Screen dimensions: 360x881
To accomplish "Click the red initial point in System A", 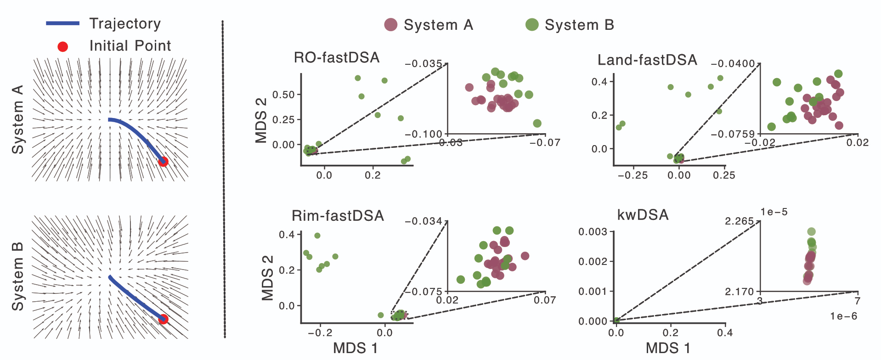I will point(163,161).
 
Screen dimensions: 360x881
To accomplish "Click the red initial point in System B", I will point(163,319).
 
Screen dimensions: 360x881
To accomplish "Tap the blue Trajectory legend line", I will point(63,23).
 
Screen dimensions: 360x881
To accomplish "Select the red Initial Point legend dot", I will point(63,46).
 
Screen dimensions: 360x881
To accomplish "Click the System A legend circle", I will point(391,25).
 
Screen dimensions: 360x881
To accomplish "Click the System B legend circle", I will point(532,25).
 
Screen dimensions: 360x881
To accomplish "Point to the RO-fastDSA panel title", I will point(337,58).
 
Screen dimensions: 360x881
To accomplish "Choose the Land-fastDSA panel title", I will point(647,60).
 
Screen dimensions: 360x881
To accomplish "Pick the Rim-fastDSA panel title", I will point(338,216).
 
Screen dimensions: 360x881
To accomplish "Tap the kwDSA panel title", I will point(643,215).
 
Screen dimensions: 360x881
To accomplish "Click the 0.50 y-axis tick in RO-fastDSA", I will point(283,95).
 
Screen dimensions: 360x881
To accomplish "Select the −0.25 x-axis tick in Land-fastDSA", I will point(633,175).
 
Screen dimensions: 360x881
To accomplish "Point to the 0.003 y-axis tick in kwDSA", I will point(593,232).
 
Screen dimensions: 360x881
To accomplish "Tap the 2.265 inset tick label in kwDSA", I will point(739,221).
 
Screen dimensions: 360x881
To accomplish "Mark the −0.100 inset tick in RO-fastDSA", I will point(423,134).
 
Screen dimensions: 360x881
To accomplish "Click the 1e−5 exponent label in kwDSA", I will point(774,212).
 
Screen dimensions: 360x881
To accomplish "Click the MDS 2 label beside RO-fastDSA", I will point(261,120).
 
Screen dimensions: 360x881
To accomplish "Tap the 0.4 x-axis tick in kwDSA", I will point(725,333).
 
